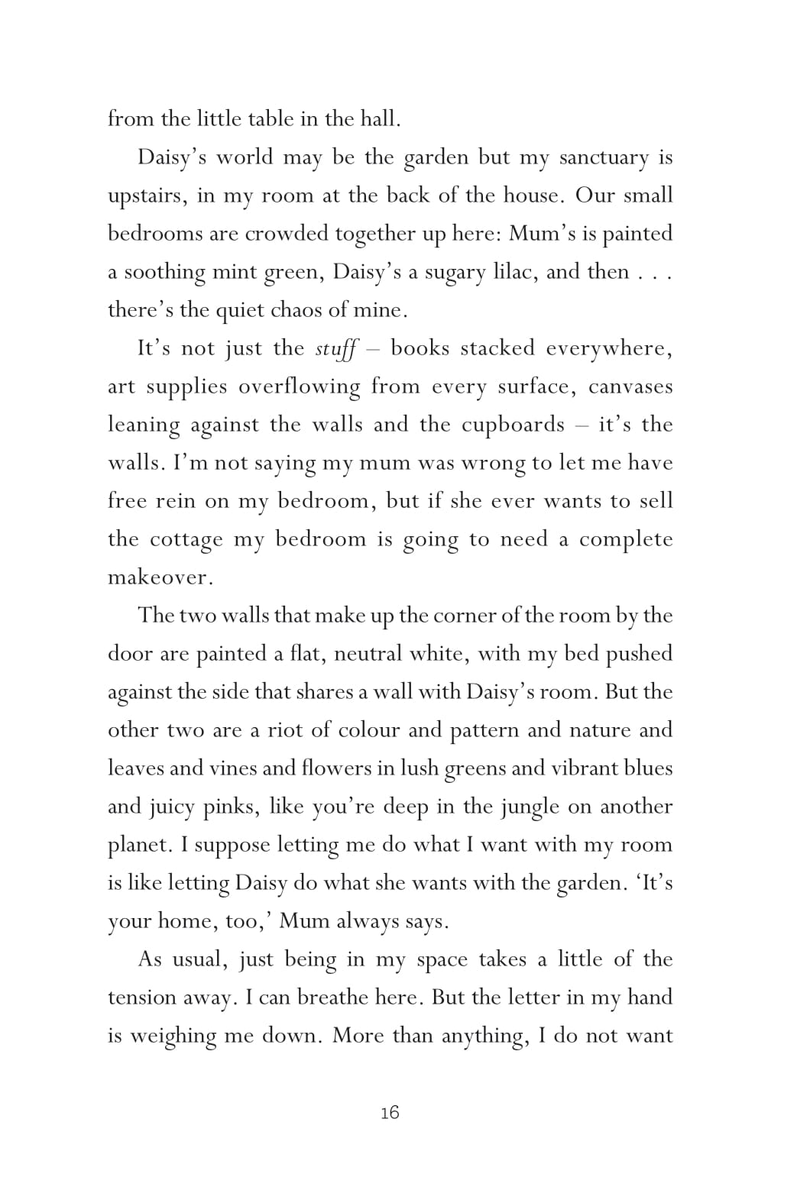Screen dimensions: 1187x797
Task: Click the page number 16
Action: coord(390,1113)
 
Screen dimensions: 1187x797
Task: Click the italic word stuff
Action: coord(335,349)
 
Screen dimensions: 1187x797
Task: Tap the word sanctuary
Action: coord(604,158)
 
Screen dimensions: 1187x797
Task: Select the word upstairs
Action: coord(147,196)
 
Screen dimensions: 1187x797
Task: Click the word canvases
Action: coord(630,387)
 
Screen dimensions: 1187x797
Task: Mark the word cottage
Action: coord(186,540)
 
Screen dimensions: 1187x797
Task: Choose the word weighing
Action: coord(173,1037)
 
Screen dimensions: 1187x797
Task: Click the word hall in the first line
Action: coord(379,119)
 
